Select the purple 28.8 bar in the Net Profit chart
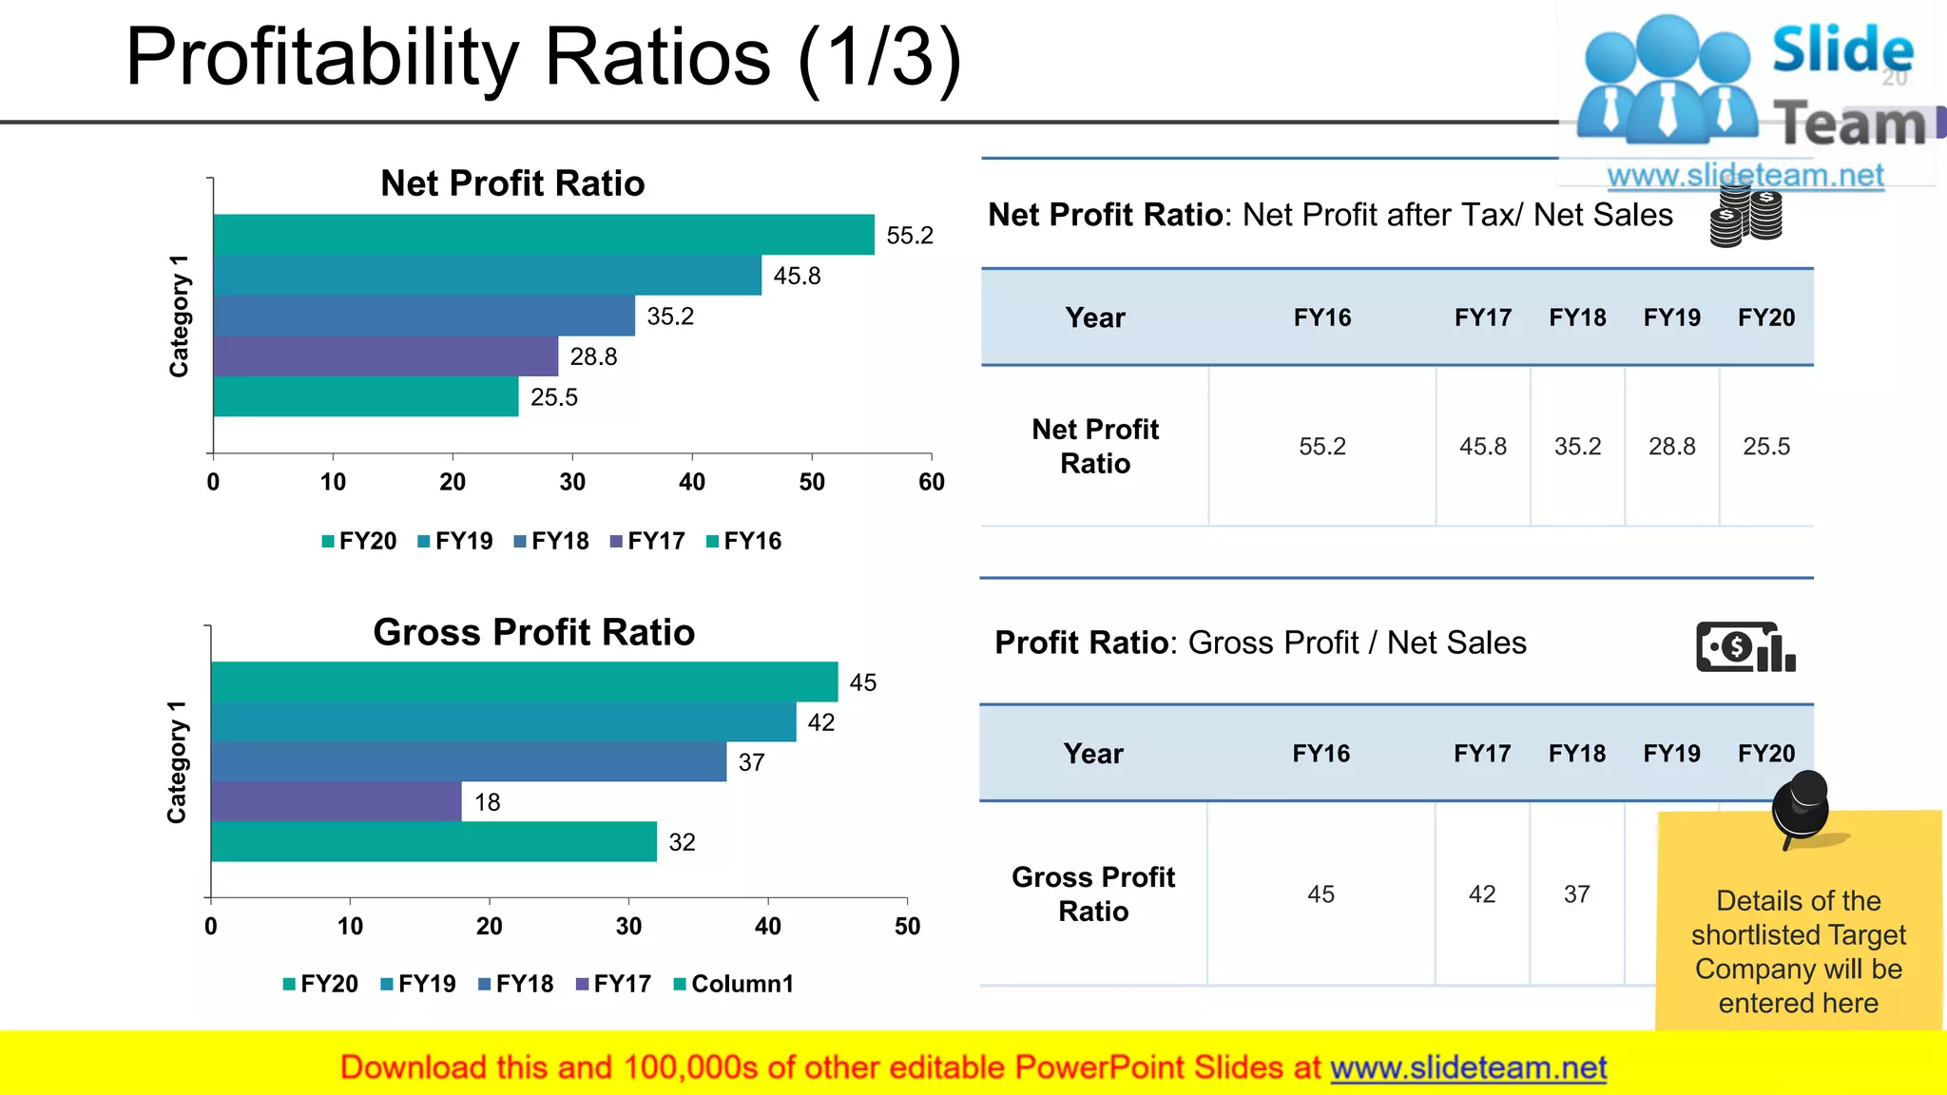pyautogui.click(x=385, y=356)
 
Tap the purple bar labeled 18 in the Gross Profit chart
pyautogui.click(x=336, y=802)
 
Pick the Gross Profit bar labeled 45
pyautogui.click(x=524, y=682)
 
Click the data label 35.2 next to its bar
pyautogui.click(x=670, y=317)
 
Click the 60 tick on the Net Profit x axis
pyautogui.click(x=932, y=482)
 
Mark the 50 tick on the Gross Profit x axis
pyautogui.click(x=907, y=927)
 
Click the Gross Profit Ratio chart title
pyautogui.click(x=533, y=633)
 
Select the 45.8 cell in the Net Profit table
pyautogui.click(x=1483, y=447)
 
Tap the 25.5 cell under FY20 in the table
pyautogui.click(x=1766, y=447)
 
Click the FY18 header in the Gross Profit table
pyautogui.click(x=1576, y=754)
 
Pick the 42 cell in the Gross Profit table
pyautogui.click(x=1482, y=894)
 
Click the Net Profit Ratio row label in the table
pyautogui.click(x=1095, y=447)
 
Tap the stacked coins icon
pyautogui.click(x=1745, y=216)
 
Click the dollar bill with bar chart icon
pyautogui.click(x=1745, y=647)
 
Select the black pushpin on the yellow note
pyautogui.click(x=1801, y=806)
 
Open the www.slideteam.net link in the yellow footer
pyautogui.click(x=1468, y=1068)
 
